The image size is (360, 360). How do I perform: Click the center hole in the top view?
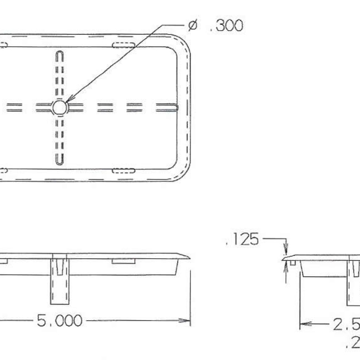point(59,107)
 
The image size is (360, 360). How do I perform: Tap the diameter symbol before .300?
point(192,26)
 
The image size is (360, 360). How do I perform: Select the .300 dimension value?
point(226,26)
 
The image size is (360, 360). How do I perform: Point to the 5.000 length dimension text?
point(60,321)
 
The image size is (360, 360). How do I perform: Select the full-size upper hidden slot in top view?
point(123,45)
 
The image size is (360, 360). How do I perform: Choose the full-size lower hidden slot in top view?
point(123,171)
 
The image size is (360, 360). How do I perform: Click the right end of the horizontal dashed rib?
point(176,107)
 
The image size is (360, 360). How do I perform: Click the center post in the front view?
point(59,281)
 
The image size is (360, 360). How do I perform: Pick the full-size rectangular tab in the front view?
point(123,261)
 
